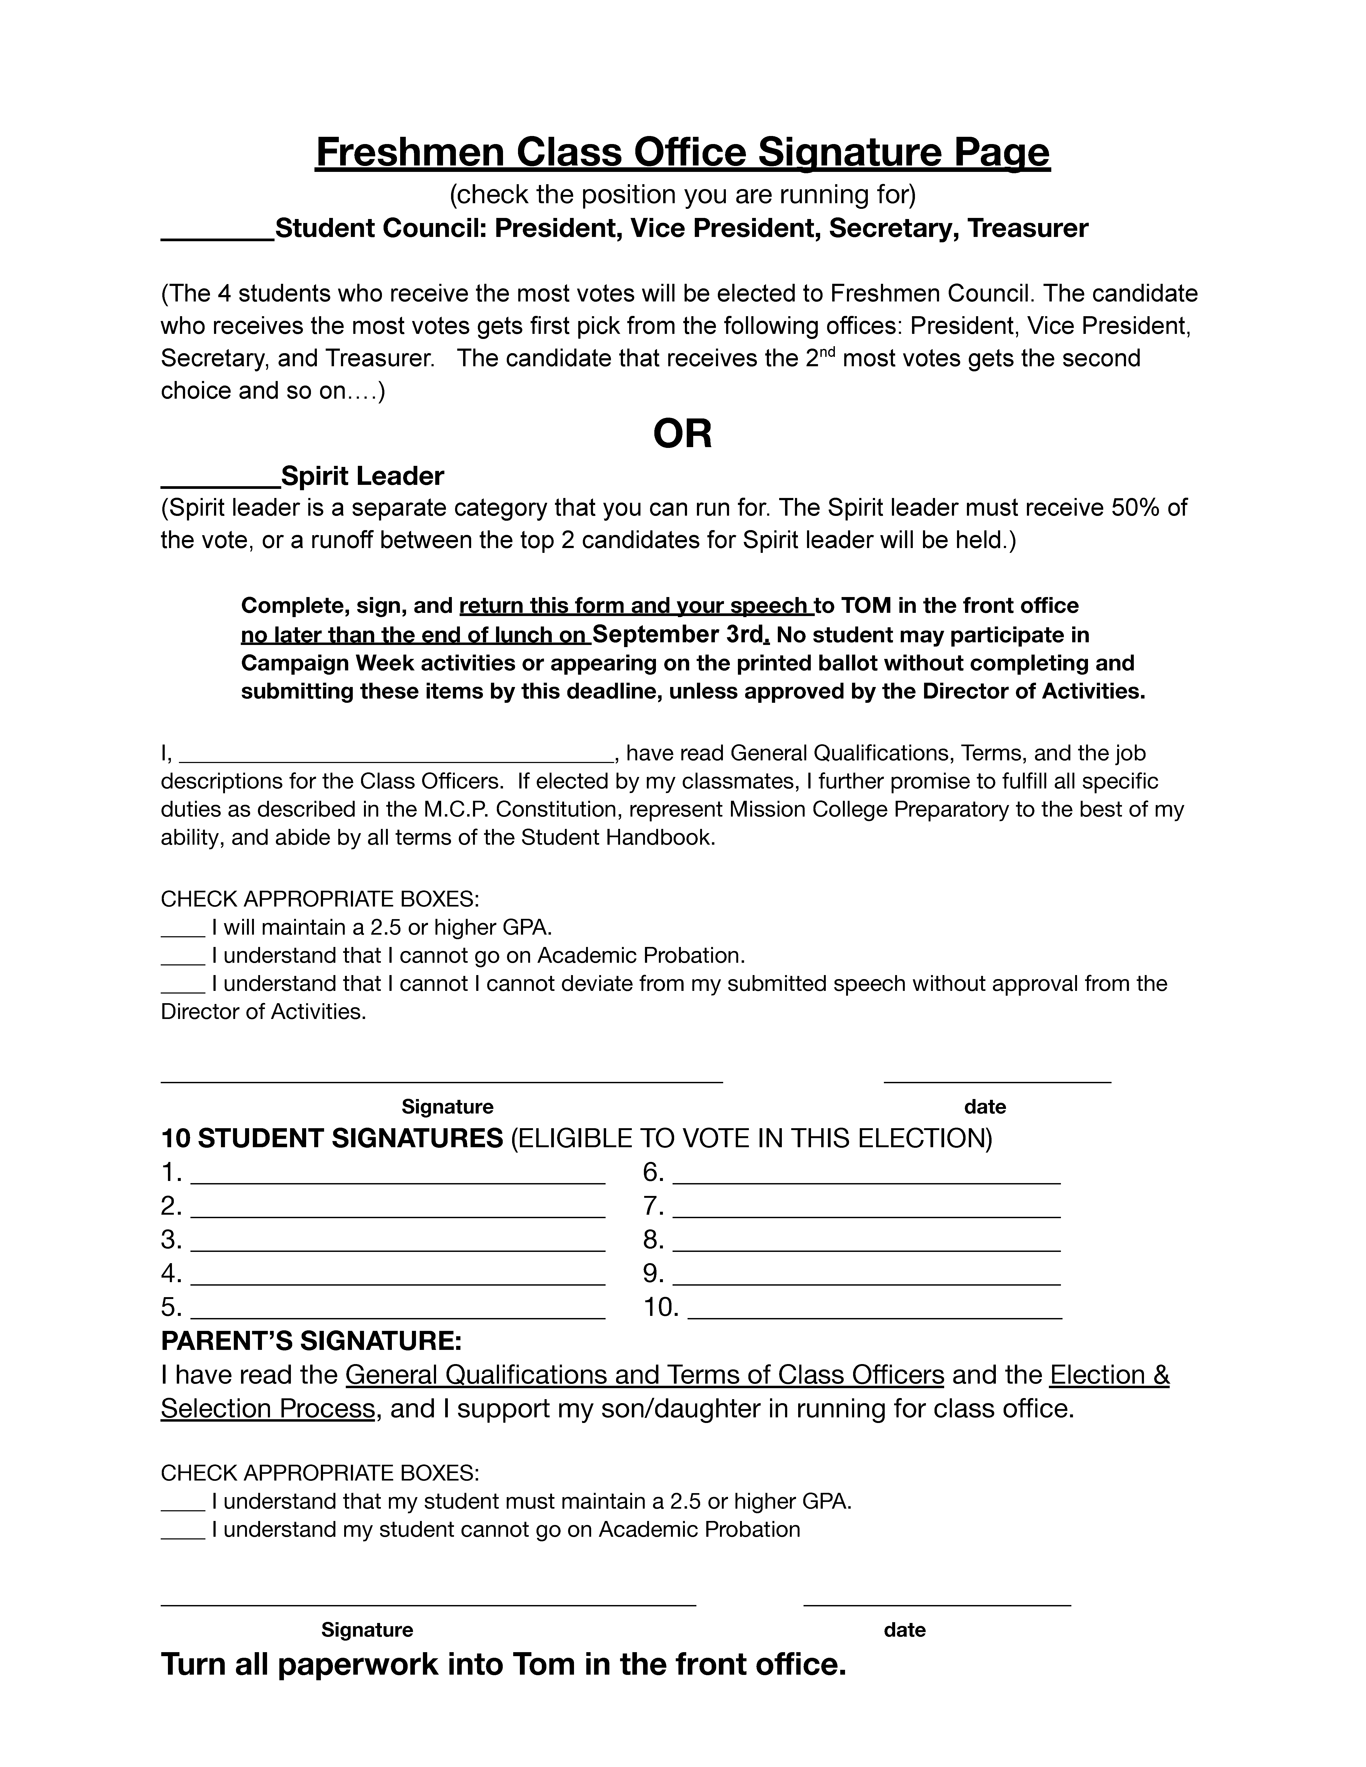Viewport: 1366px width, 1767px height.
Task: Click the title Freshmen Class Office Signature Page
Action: pos(682,153)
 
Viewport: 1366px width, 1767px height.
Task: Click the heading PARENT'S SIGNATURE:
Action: pos(312,1341)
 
